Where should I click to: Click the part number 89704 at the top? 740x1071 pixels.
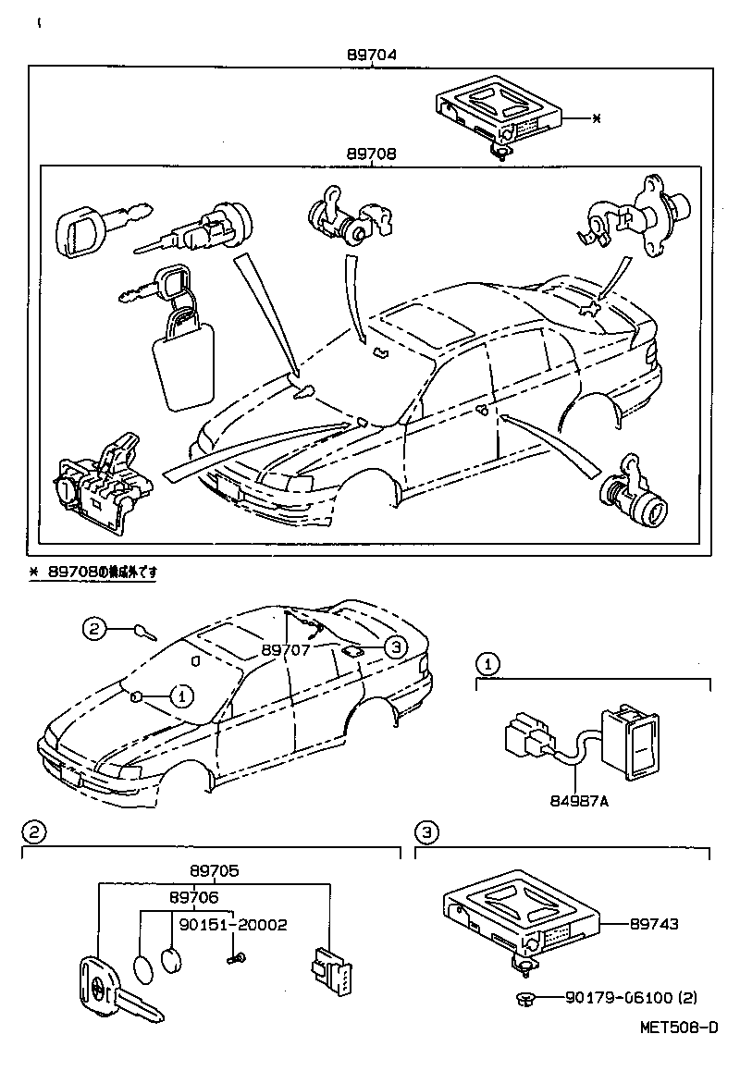coord(372,55)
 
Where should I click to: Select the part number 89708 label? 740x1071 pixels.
coord(372,154)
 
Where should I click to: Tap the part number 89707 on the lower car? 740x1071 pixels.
coord(286,650)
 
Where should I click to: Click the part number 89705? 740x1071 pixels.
coord(216,870)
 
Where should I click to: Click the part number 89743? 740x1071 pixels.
coord(654,924)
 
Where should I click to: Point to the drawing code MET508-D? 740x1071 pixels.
coord(678,1028)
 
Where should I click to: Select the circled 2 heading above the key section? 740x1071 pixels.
coord(33,832)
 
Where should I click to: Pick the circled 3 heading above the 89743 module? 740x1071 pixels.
coord(425,832)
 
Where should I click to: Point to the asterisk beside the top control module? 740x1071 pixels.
coord(596,118)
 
